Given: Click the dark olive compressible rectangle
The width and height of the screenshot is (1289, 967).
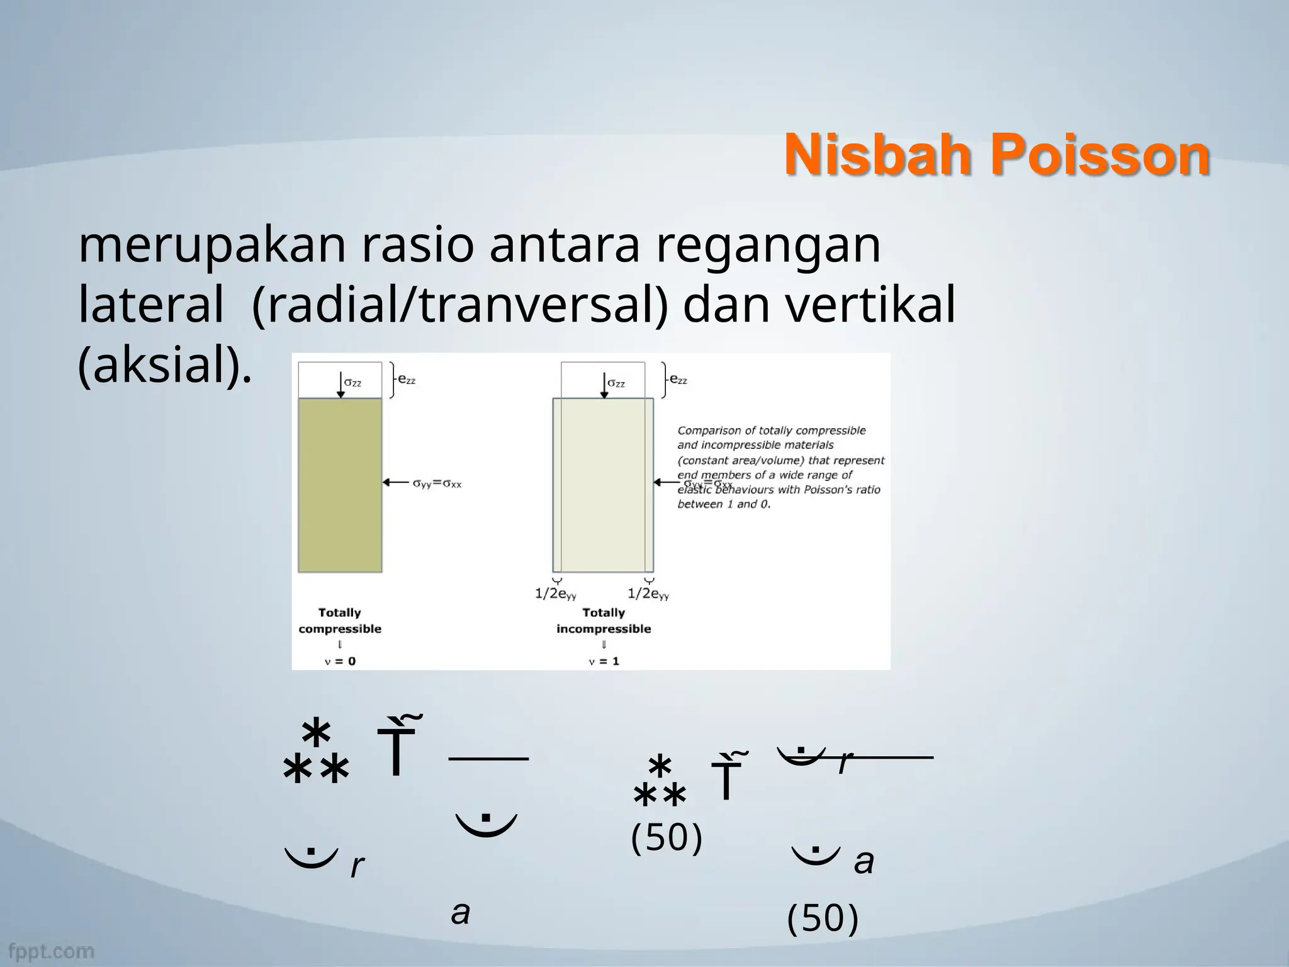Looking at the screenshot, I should click(340, 485).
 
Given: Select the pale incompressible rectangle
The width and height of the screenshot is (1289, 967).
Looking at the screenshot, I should click(603, 485).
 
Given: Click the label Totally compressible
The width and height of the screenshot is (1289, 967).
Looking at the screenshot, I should click(340, 620).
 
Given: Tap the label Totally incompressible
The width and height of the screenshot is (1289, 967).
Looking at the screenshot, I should click(603, 620).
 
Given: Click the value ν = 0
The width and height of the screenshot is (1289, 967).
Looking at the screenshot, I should click(340, 661).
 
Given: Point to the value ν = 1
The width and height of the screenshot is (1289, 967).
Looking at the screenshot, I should click(603, 661).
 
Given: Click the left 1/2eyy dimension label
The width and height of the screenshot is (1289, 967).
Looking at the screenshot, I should click(556, 593).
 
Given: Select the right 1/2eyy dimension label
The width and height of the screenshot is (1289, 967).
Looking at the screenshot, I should click(648, 593).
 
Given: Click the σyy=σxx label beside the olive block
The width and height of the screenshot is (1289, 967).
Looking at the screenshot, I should click(437, 483).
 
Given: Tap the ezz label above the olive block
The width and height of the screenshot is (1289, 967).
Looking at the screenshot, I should click(407, 380).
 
